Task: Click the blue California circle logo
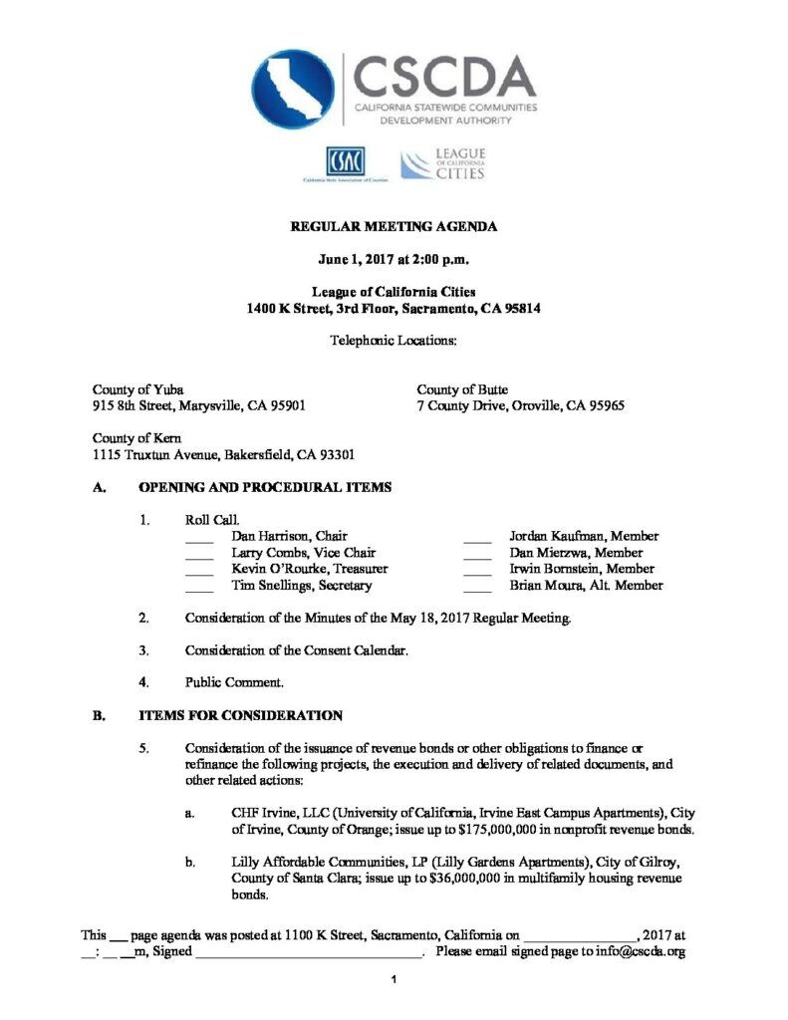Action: [x=293, y=90]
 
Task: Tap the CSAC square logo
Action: [x=344, y=160]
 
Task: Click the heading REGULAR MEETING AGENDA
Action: [x=394, y=227]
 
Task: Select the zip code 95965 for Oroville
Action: [x=604, y=406]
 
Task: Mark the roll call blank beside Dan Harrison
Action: [x=199, y=538]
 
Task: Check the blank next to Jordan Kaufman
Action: [x=478, y=538]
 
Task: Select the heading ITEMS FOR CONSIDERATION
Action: [x=240, y=715]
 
